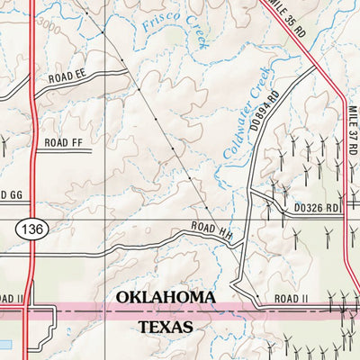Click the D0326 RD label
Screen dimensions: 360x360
coord(317,208)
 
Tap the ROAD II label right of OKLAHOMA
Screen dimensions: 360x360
coord(288,297)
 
